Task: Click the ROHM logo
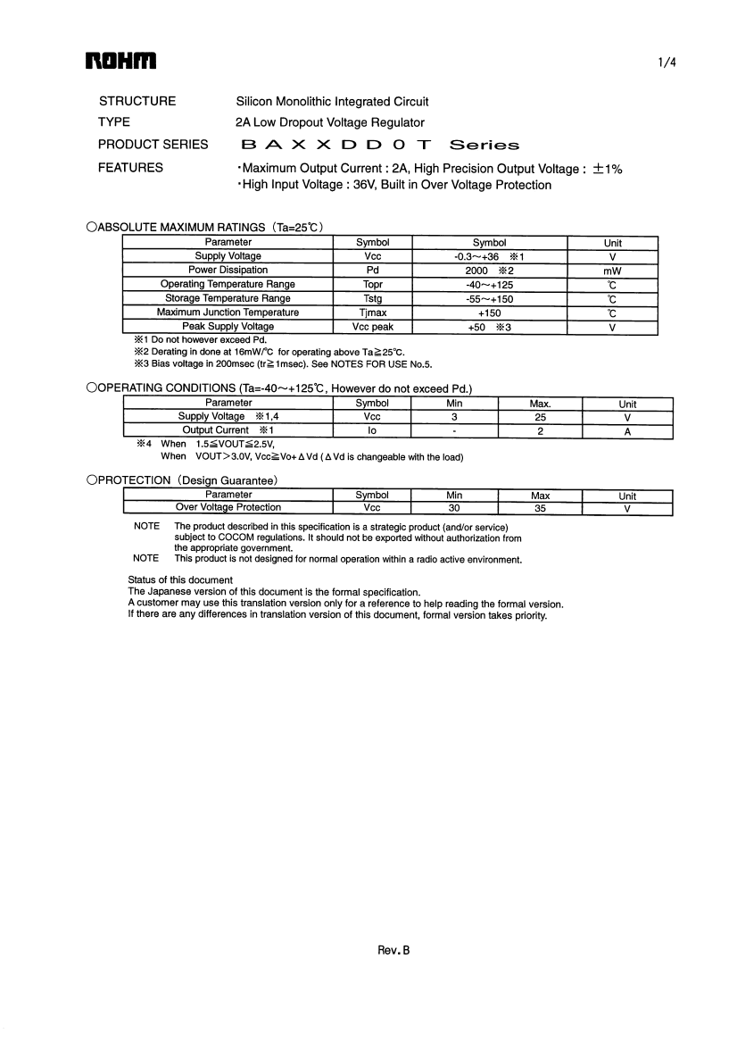pyautogui.click(x=120, y=62)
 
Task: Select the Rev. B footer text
pyautogui.click(x=393, y=951)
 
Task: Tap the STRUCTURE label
pyautogui.click(x=137, y=102)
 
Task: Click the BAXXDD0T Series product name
pyautogui.click(x=379, y=145)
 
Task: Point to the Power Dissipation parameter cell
pyautogui.click(x=228, y=271)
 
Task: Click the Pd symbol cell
pyautogui.click(x=372, y=271)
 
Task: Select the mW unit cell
pyautogui.click(x=612, y=271)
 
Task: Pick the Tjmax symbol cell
pyautogui.click(x=372, y=313)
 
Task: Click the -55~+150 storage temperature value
pyautogui.click(x=489, y=299)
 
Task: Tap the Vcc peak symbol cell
pyautogui.click(x=372, y=328)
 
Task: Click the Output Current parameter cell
pyautogui.click(x=228, y=430)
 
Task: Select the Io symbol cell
pyautogui.click(x=372, y=430)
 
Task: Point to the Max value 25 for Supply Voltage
pyautogui.click(x=540, y=417)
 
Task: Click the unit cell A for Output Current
pyautogui.click(x=627, y=430)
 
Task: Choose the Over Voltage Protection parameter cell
pyautogui.click(x=228, y=508)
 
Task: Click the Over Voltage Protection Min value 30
pyautogui.click(x=453, y=508)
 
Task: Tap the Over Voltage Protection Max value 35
pyautogui.click(x=540, y=508)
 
